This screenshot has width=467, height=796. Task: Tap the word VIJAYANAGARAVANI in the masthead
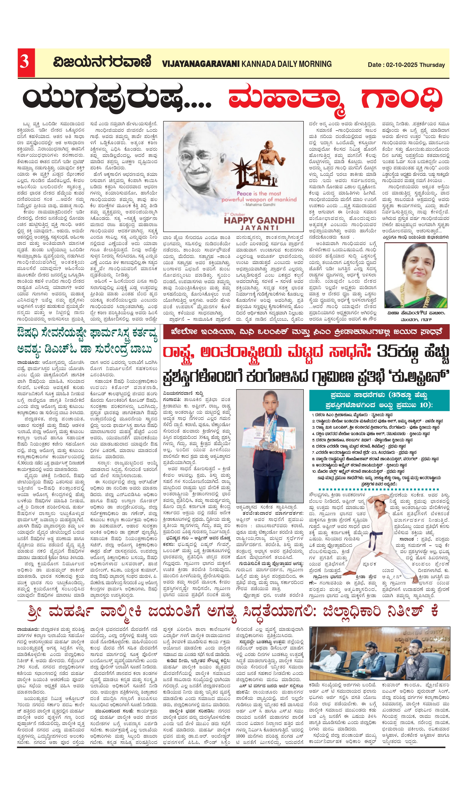tap(201, 64)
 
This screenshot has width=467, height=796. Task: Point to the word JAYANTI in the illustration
tap(259, 228)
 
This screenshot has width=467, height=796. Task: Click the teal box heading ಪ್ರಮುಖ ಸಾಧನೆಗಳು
tap(357, 395)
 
